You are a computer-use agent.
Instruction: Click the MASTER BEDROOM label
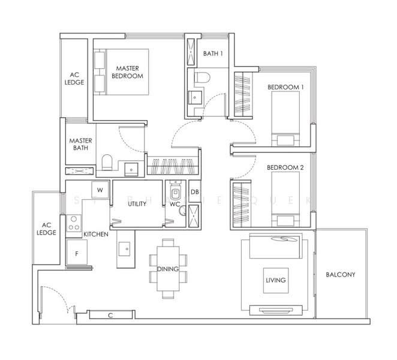pos(127,73)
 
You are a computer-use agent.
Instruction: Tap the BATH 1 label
pos(213,54)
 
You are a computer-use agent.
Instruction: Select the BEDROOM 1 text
pos(285,88)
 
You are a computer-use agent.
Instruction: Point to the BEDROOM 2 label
pos(285,168)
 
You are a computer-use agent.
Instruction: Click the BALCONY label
pos(341,275)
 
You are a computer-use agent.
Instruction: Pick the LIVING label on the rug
pos(275,280)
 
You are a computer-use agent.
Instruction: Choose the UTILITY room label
pos(137,204)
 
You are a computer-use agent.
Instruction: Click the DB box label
pos(194,192)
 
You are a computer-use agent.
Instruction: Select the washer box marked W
pos(100,190)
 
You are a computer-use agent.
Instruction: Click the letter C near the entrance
pos(110,315)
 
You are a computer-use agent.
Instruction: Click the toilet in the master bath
pos(107,163)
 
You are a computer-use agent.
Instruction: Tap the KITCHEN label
pos(95,234)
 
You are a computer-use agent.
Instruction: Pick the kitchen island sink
pos(126,247)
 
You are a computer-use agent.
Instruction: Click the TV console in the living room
pos(275,311)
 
